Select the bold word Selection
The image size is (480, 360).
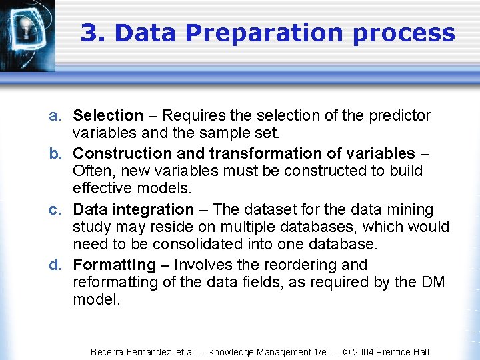108,116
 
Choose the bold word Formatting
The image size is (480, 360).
114,265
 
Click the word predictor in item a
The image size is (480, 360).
399,116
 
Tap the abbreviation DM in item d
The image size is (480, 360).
433,282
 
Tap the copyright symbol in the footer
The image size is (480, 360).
347,352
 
